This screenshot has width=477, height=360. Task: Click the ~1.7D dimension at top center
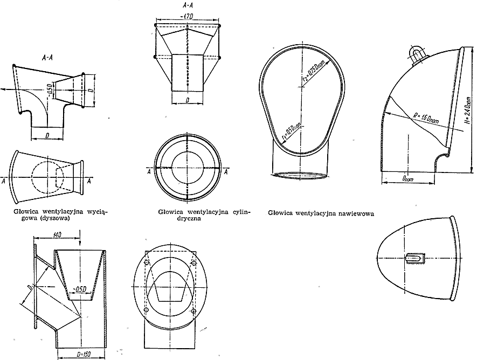click(188, 17)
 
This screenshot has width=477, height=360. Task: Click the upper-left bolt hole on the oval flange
click(147, 263)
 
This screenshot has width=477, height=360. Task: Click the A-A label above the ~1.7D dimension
click(188, 5)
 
